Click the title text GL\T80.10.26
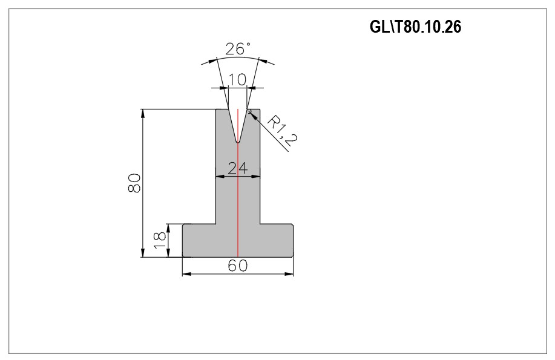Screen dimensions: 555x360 pos(415,27)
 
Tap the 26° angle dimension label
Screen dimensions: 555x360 pos(238,49)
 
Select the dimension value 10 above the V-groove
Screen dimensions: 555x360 pos(237,80)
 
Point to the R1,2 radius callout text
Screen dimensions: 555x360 pos(282,131)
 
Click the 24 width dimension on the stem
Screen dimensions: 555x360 pos(237,168)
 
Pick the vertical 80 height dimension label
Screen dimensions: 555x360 pos(134,183)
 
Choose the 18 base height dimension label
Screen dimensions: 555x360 pos(160,240)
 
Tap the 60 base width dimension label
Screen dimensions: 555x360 pos(237,266)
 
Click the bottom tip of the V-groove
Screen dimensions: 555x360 pos(238,143)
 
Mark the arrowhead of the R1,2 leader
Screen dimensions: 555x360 pos(252,114)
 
